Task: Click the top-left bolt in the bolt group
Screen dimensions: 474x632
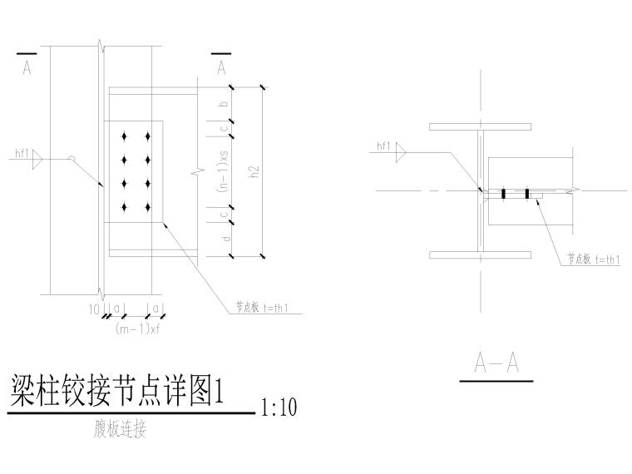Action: click(125, 134)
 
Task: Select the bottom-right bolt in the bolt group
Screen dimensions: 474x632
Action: click(148, 206)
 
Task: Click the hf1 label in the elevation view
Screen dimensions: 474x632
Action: click(22, 153)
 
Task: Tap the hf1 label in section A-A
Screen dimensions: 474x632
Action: click(384, 146)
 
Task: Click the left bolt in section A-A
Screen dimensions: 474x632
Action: click(503, 195)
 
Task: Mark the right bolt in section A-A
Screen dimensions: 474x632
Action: click(526, 195)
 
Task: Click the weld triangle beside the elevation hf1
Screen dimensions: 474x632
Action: click(37, 159)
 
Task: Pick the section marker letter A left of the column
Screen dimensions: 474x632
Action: click(27, 68)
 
